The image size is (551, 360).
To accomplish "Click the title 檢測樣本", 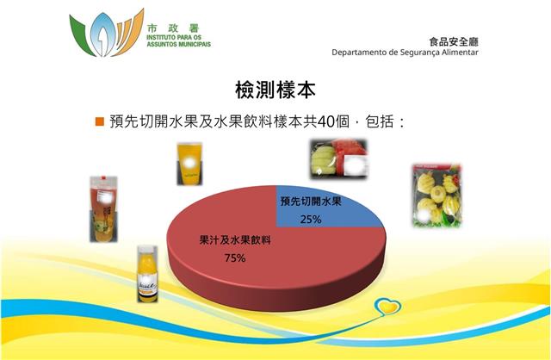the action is [x=275, y=90].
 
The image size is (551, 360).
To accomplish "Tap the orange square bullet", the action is [x=100, y=121].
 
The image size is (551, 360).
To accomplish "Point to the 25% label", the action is [x=311, y=220].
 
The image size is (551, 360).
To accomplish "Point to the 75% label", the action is [x=235, y=258].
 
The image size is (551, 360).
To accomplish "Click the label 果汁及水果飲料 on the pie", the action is [x=235, y=240].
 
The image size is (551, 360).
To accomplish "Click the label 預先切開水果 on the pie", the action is [x=311, y=202].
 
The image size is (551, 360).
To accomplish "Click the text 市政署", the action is [x=173, y=28].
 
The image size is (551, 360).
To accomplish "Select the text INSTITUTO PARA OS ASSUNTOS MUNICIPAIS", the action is [x=178, y=40].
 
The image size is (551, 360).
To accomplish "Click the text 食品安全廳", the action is [x=454, y=42].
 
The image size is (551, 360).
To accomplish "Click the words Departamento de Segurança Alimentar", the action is [x=405, y=53].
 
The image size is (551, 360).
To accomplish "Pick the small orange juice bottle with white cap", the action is [x=147, y=274].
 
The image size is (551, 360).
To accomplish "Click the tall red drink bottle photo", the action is [x=103, y=209].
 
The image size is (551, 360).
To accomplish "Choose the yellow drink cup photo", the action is [x=189, y=164].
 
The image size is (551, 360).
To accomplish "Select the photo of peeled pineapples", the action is [x=436, y=196].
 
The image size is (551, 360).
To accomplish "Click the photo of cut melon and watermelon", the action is [x=339, y=159].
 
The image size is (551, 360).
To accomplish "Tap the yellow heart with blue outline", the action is [x=387, y=307].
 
